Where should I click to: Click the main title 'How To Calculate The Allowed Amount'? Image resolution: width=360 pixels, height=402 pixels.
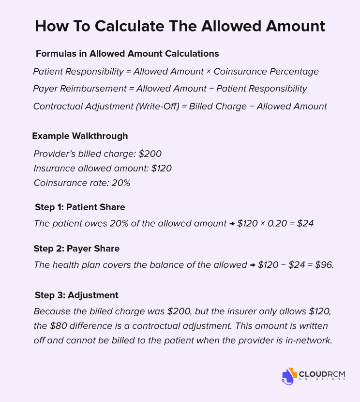[180, 26]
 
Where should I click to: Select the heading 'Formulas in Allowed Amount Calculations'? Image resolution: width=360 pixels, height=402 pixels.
[127, 54]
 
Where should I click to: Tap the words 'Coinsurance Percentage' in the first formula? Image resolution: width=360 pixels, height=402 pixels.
[266, 72]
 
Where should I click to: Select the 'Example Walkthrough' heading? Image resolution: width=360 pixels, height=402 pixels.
[80, 136]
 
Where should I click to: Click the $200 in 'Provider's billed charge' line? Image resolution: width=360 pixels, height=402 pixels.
[150, 154]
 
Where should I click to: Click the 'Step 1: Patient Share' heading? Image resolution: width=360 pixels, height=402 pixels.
[80, 207]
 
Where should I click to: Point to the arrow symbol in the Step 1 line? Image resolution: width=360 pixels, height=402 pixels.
[232, 224]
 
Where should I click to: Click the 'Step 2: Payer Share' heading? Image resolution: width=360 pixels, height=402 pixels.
[76, 248]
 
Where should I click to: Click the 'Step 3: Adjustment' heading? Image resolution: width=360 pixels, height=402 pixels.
[76, 295]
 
